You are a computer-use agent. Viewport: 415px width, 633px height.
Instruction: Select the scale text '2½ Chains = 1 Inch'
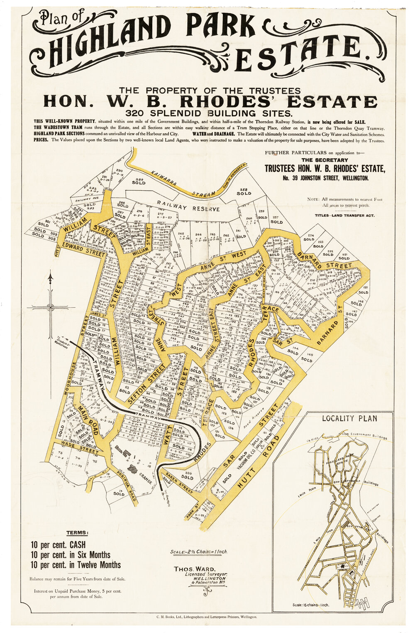click(x=199, y=552)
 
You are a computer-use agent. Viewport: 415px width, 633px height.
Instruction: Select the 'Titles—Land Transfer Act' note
click(x=344, y=216)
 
